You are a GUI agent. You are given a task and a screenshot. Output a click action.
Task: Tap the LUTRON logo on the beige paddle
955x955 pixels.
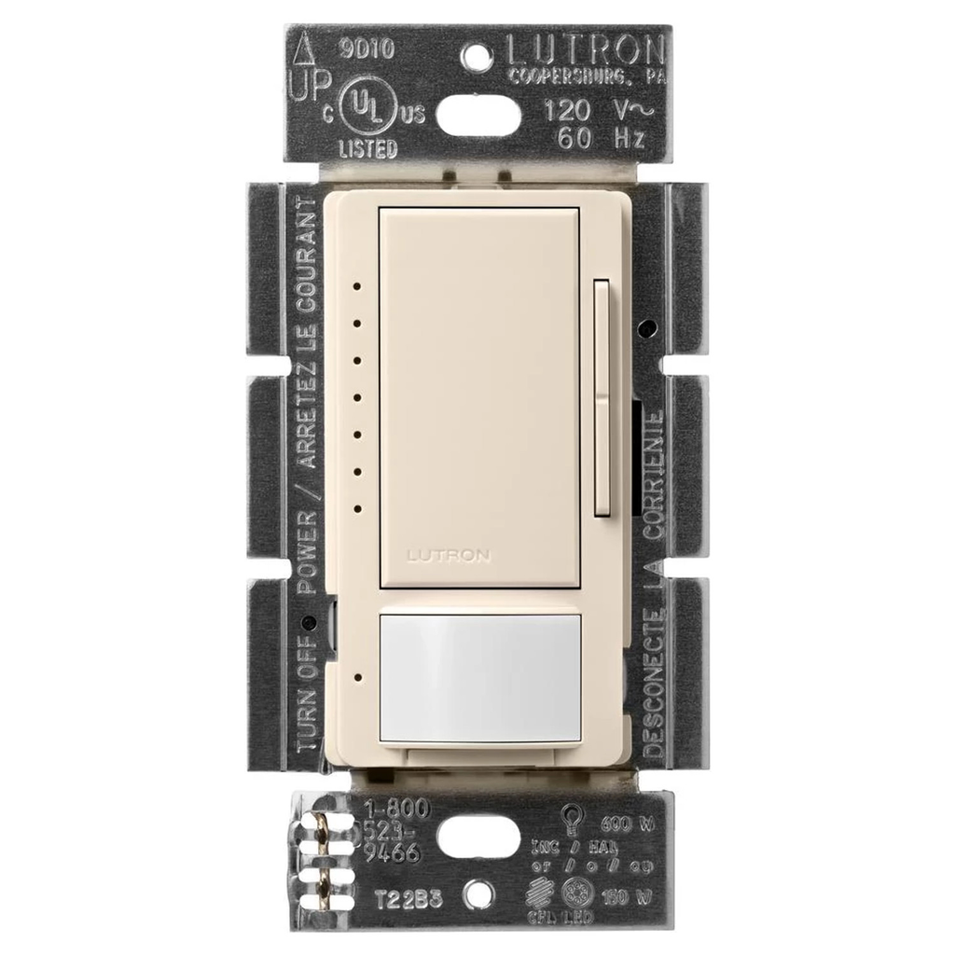tap(448, 555)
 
